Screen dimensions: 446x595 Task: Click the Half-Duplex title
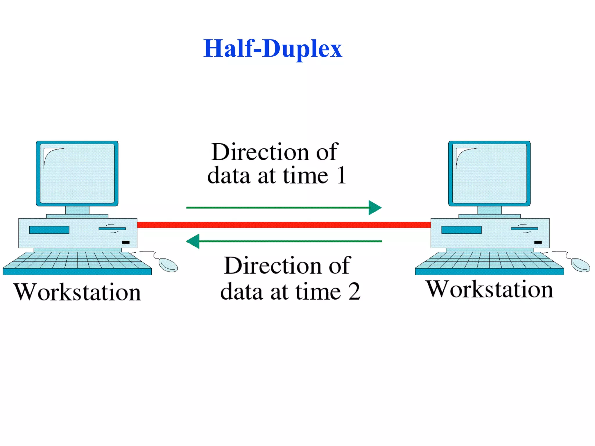coord(273,48)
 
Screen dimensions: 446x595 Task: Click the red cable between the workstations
coord(284,225)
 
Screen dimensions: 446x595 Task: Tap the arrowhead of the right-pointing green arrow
coord(375,208)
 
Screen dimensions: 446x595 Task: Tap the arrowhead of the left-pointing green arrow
coord(193,241)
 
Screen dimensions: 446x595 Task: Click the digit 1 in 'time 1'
coord(342,175)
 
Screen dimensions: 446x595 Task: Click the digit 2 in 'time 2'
coord(354,292)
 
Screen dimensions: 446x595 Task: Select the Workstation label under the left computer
coord(77,292)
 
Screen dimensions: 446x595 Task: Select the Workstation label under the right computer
coord(490,289)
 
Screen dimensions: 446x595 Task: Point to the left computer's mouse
coord(168,265)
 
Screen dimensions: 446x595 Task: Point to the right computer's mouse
coord(580,265)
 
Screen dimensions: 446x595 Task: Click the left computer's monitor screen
coord(77,173)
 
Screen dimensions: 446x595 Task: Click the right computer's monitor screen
coord(490,173)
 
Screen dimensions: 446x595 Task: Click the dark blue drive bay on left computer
coord(49,230)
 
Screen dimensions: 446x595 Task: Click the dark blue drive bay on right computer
coord(461,230)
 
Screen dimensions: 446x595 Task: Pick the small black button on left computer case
coord(126,242)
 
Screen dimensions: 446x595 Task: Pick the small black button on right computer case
coord(538,242)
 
